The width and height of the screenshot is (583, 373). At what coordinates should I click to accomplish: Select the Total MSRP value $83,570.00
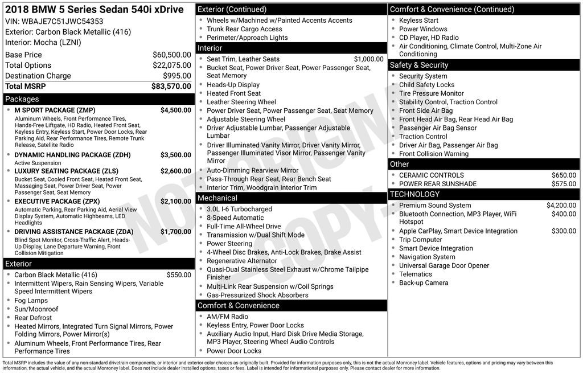(171, 86)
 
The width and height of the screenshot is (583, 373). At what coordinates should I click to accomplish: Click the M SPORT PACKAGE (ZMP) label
(55, 110)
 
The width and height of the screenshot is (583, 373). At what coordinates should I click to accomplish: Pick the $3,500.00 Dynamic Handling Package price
(175, 155)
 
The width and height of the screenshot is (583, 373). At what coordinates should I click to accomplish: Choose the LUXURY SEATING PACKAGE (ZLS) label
(66, 171)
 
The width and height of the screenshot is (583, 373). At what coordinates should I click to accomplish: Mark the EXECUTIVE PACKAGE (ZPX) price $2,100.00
(175, 202)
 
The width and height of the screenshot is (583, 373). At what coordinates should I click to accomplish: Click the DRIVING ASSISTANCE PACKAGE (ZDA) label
(73, 232)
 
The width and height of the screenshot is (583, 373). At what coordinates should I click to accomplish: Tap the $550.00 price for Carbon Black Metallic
(179, 274)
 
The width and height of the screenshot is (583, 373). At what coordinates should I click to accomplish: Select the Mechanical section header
(217, 198)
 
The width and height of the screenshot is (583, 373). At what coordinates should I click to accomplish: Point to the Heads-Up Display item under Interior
(233, 85)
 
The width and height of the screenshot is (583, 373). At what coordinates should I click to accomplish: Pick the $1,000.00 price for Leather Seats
(368, 59)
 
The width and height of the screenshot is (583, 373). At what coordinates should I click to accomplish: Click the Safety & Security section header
(418, 65)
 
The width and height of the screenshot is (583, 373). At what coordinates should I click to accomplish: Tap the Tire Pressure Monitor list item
(431, 93)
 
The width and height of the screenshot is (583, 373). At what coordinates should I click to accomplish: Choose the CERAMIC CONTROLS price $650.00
(564, 175)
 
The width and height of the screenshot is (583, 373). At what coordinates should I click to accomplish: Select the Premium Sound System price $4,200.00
(561, 206)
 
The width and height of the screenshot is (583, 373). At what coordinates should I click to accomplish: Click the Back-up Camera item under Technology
(423, 282)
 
